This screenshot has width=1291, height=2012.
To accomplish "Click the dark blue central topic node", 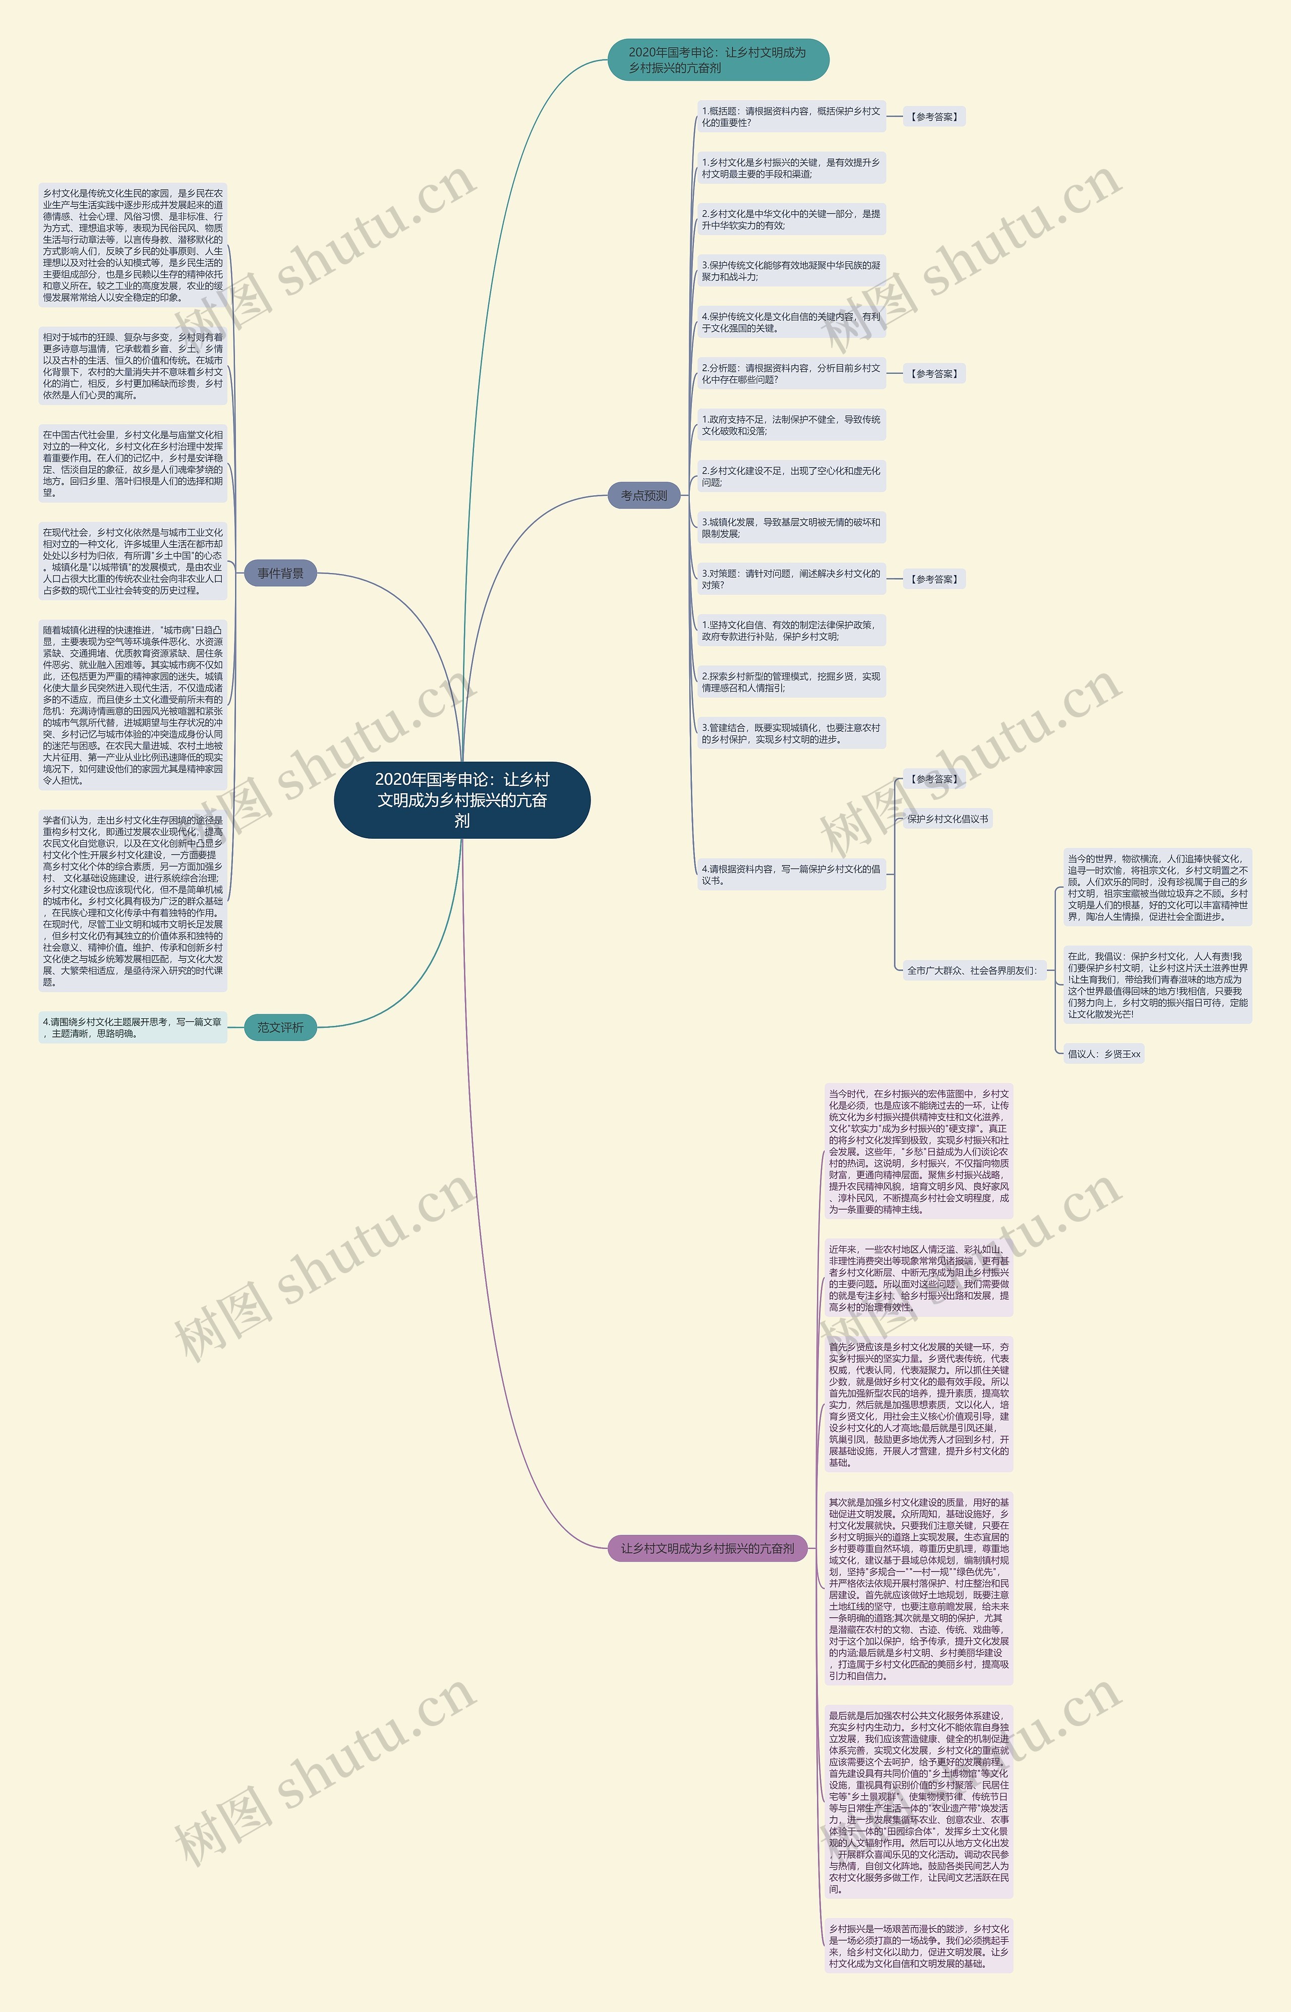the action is click(x=462, y=800).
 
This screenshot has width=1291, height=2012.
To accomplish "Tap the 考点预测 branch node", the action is click(x=644, y=495).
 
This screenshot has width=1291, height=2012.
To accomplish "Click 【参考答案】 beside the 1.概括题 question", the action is click(x=934, y=117).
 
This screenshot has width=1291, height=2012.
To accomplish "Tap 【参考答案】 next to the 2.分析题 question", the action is click(x=934, y=374).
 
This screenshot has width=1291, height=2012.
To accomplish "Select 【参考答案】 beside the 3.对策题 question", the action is click(x=934, y=579).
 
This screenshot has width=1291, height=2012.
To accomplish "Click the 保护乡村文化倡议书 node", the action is click(x=947, y=819).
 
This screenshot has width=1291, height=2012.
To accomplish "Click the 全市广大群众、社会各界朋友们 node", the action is click(x=972, y=971).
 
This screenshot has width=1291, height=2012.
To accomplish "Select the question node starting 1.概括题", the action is click(x=791, y=117).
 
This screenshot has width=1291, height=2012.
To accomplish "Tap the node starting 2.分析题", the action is click(x=791, y=374).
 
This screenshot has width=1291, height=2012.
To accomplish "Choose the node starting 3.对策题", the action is click(x=791, y=579).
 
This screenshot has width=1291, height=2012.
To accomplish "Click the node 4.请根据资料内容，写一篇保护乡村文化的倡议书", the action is click(x=791, y=875).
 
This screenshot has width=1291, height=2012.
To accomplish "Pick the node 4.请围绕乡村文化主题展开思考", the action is click(x=133, y=1028).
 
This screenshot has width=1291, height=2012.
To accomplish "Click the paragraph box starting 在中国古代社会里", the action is click(x=133, y=464).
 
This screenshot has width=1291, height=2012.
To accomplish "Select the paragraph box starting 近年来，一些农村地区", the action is click(x=919, y=1278).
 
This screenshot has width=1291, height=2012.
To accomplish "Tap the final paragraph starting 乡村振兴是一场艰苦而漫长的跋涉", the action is click(x=919, y=1946).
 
